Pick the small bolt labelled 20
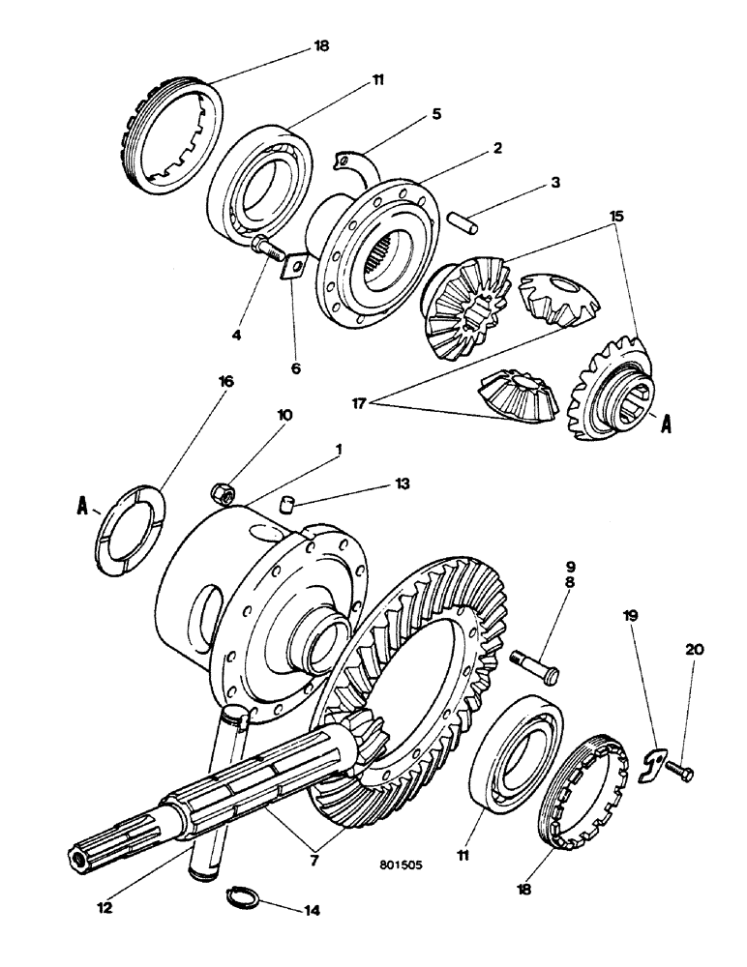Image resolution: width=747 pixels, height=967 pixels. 679,771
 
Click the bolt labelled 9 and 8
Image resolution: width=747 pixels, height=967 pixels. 533,666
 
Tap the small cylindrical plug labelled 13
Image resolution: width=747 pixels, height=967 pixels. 285,503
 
